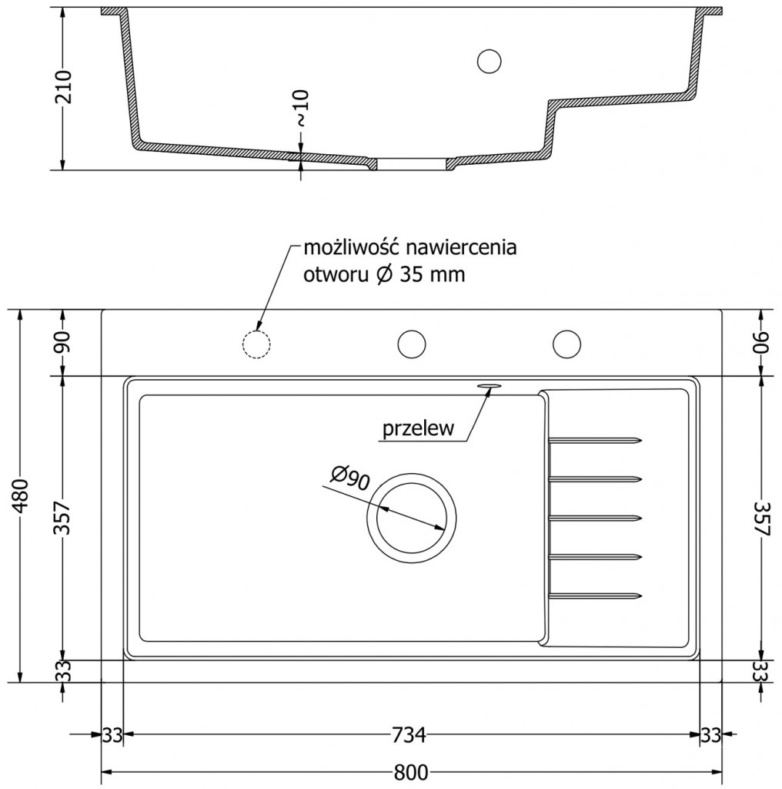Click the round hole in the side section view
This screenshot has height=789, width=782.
tap(489, 60)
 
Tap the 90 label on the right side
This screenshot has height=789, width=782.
tap(760, 342)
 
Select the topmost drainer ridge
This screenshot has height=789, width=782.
tap(596, 441)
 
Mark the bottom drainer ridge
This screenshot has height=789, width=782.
tap(596, 595)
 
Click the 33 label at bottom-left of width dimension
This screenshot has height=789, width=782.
tap(112, 735)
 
